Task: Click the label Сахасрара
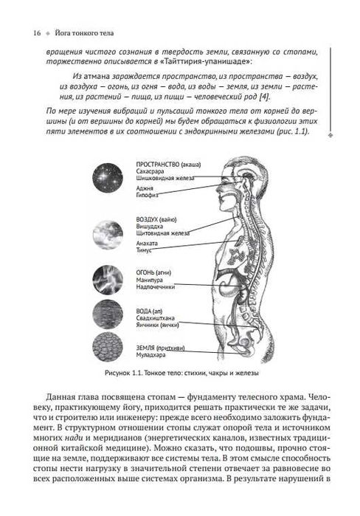click(x=153, y=171)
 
